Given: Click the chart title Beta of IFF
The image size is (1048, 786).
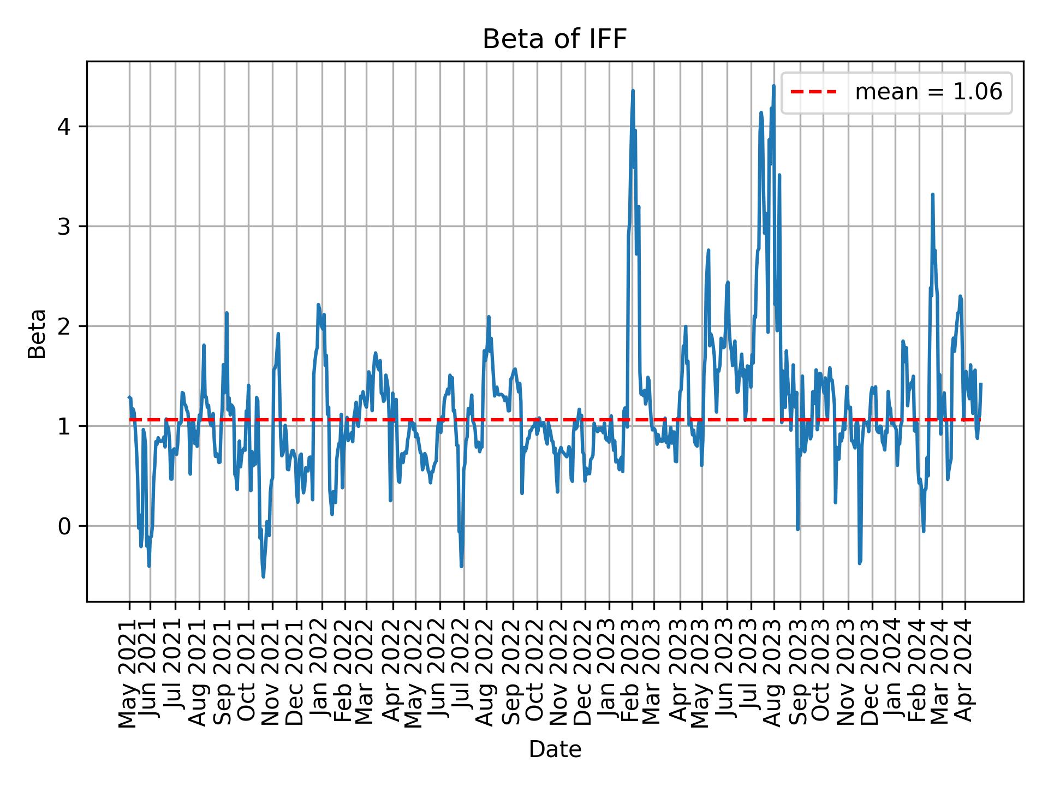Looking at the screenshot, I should [x=555, y=39].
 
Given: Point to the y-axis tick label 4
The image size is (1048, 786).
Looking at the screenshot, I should [x=64, y=127].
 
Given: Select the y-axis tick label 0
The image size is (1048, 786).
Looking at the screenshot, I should [x=64, y=526].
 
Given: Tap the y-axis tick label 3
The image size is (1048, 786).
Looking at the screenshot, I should [x=64, y=227].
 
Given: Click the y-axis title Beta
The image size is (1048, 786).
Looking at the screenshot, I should [x=37, y=334].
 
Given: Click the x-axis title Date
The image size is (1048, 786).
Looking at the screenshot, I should [x=555, y=749].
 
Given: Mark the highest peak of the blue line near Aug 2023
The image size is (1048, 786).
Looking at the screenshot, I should [x=773, y=86].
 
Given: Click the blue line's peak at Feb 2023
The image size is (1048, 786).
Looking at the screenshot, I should [x=633, y=91].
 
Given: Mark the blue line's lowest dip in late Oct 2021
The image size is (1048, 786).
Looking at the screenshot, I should [x=263, y=576].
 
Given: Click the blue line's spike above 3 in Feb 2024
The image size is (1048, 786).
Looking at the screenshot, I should [x=933, y=194].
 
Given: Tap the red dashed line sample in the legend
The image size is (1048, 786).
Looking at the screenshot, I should [x=813, y=92].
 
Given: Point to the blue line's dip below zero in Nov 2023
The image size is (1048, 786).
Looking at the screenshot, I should [x=860, y=563].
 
